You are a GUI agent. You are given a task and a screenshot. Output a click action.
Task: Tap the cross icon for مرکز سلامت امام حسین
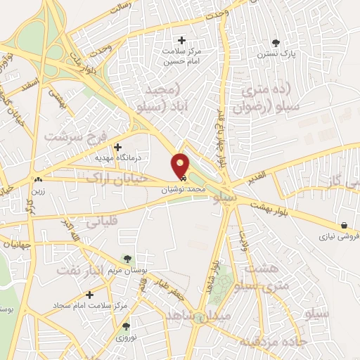pyautogui.click(x=183, y=40)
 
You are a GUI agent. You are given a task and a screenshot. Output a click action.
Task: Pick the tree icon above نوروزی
pyautogui.click(x=126, y=326)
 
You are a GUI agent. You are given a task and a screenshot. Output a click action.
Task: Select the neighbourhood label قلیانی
pyautogui.click(x=104, y=221)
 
